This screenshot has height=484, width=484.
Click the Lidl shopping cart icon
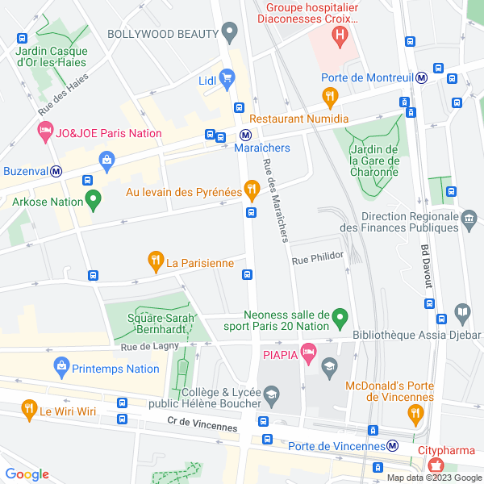[227, 78]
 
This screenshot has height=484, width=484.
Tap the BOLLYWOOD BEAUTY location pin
[230, 33]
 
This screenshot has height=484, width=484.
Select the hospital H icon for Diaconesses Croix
[340, 35]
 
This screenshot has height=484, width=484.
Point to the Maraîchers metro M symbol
[244, 136]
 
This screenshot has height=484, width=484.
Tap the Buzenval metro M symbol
[56, 171]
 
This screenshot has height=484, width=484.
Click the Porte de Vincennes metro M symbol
[392, 445]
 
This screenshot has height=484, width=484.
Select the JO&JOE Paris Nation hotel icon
[44, 131]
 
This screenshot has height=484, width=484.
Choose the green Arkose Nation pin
[94, 198]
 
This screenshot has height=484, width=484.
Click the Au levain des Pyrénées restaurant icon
[251, 190]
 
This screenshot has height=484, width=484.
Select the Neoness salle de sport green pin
[340, 317]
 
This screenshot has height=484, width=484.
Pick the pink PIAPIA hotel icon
[307, 351]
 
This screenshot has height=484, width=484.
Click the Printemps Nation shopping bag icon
[61, 367]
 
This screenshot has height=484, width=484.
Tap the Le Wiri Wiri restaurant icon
[29, 409]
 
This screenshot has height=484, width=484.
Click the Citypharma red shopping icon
[436, 464]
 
